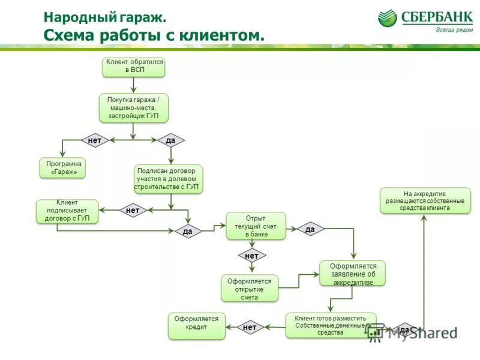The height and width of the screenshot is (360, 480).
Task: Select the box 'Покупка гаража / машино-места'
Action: [133, 107]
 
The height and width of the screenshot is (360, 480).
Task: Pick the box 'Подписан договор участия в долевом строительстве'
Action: [169, 179]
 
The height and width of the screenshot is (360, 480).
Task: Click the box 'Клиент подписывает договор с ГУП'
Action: [67, 211]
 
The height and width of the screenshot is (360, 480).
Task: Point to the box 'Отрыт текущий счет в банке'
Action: [256, 226]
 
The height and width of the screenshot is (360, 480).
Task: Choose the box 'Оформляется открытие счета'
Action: [250, 289]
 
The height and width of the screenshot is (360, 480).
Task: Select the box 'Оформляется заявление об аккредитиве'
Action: [353, 274]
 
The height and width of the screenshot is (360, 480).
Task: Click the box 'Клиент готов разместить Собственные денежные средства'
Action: [331, 325]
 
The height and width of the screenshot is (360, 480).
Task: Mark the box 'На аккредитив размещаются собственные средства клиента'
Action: [425, 201]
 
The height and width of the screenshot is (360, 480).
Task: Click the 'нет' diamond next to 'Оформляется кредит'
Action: [250, 328]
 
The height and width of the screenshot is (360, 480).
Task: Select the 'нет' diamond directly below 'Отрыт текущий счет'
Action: [252, 256]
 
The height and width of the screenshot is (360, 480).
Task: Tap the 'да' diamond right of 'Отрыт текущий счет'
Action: [310, 229]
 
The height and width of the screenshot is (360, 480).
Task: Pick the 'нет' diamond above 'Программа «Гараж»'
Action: [95, 140]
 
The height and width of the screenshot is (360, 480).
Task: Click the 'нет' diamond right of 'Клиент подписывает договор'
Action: [133, 210]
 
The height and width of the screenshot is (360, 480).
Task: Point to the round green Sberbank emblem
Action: [388, 18]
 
